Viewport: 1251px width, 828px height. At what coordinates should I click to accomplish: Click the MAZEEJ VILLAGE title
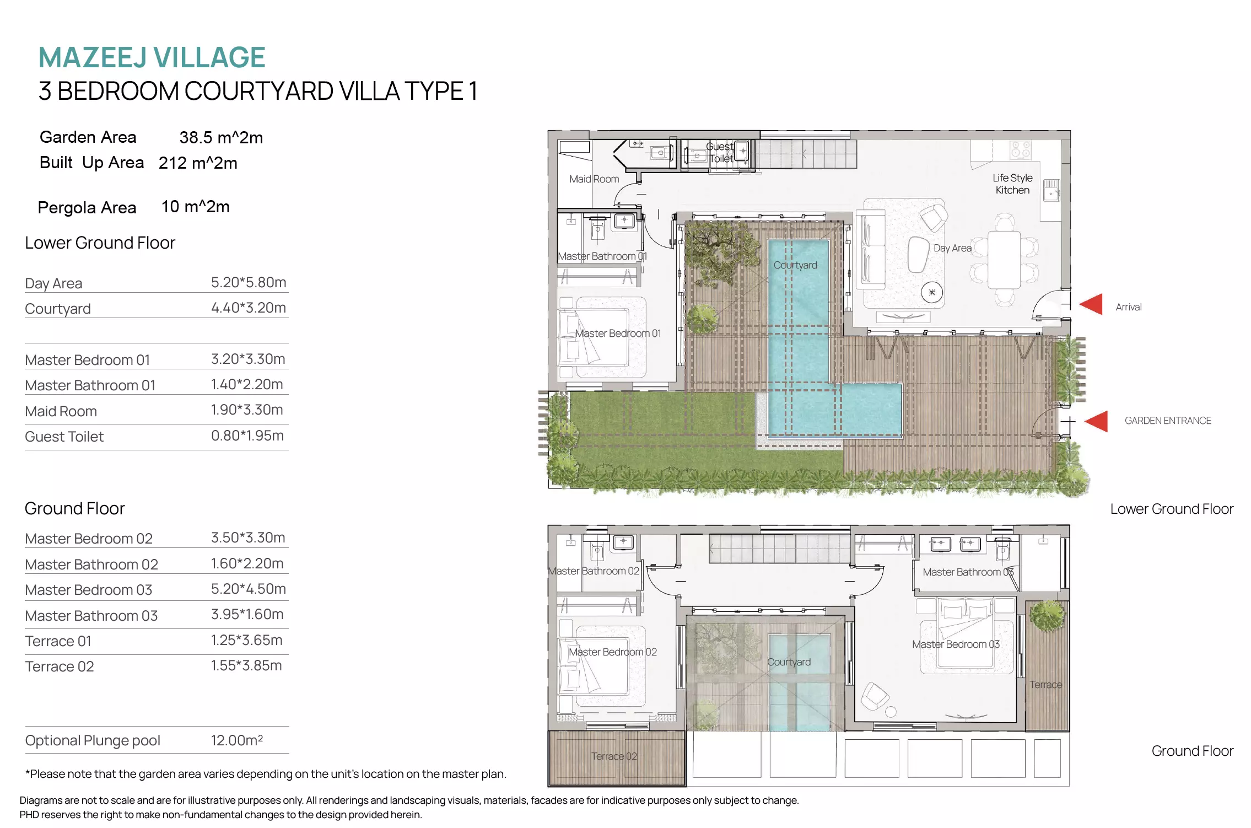tap(152, 57)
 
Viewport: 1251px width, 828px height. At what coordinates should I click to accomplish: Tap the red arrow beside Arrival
tap(1091, 304)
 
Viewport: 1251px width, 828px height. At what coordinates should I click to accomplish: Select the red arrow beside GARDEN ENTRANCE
tap(1096, 421)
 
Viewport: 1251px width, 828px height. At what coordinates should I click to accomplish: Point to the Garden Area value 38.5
tap(196, 137)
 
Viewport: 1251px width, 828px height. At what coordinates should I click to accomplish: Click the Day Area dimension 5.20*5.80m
tap(249, 282)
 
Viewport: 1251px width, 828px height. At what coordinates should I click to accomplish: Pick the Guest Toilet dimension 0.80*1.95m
tap(247, 435)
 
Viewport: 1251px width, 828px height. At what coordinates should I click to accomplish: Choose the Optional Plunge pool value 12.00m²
tap(237, 740)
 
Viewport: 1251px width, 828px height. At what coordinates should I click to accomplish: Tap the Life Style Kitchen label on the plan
tap(1012, 184)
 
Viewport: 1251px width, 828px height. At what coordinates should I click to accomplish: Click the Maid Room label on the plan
tap(594, 179)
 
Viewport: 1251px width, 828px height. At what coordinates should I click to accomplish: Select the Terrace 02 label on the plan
tap(614, 756)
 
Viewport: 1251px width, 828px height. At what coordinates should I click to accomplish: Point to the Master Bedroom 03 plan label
tap(956, 644)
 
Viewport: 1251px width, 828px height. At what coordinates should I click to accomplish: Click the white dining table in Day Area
tap(1004, 260)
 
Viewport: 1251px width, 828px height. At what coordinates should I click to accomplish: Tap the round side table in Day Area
tap(932, 292)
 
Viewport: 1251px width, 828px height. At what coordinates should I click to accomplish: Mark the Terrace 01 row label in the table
tap(58, 641)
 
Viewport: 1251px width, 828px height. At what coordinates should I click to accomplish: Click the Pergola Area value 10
tap(170, 207)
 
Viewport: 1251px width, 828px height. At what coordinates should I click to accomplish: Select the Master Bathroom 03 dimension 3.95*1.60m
tap(247, 614)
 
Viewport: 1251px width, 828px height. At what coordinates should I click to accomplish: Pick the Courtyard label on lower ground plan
tap(795, 265)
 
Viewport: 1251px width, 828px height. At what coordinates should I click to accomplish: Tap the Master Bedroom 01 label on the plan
tap(618, 334)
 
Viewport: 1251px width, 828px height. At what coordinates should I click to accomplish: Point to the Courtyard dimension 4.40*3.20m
tap(249, 308)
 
